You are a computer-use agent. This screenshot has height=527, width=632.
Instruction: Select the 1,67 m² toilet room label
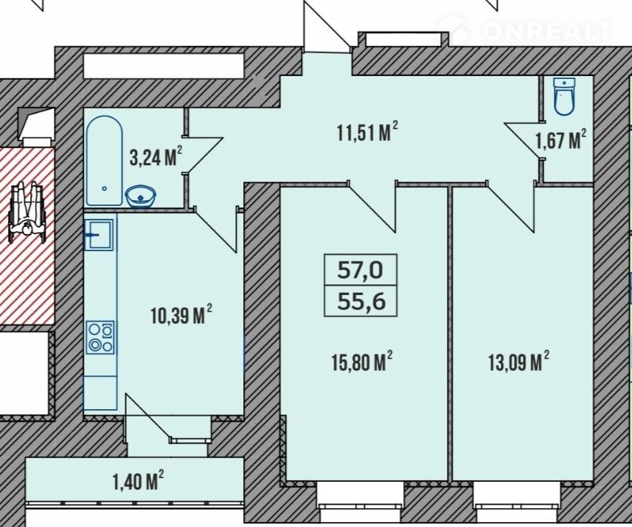561,139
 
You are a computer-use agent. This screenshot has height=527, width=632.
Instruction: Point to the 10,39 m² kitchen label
181,314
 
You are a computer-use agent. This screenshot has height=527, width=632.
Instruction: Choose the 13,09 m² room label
519,362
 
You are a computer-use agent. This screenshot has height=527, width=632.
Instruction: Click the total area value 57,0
360,270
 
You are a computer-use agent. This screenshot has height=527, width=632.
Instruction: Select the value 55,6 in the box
361,301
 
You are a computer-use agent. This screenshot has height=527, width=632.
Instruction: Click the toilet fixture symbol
564,96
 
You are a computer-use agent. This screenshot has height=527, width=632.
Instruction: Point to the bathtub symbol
104,161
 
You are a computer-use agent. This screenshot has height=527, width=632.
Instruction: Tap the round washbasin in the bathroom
141,197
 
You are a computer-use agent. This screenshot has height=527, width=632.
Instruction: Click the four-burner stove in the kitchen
100,337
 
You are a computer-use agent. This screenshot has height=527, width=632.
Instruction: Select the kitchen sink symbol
99,235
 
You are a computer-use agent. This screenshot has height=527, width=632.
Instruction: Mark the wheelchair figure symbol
27,211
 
